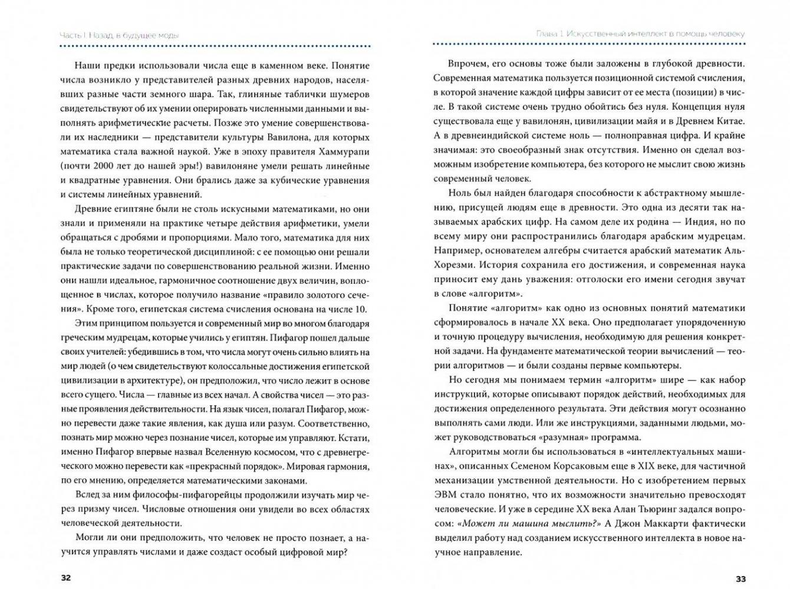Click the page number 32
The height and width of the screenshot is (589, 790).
tap(65, 577)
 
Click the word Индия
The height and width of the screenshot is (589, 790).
tap(693, 222)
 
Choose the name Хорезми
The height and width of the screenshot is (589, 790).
tap(453, 265)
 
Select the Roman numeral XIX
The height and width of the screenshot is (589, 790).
tap(642, 466)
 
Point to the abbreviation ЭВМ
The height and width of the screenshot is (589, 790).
tap(446, 495)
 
